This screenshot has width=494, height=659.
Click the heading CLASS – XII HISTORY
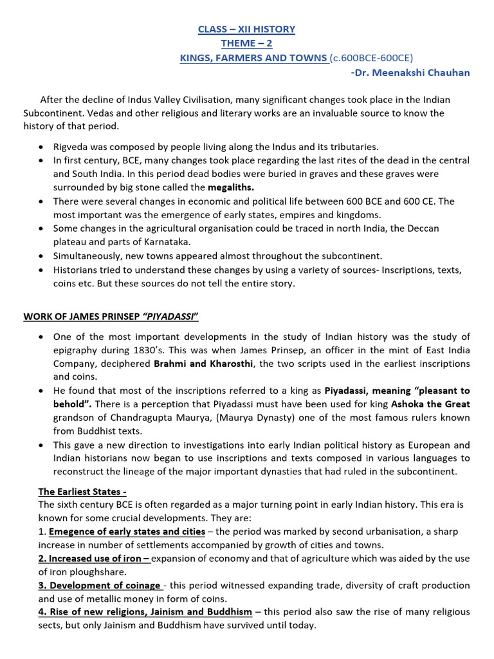(x=246, y=29)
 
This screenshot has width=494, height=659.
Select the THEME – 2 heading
(x=246, y=44)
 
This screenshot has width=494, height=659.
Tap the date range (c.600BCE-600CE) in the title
(x=371, y=59)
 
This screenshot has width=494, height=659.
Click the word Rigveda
(x=72, y=146)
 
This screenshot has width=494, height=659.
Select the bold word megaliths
(x=231, y=187)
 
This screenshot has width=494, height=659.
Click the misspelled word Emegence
(x=73, y=532)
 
